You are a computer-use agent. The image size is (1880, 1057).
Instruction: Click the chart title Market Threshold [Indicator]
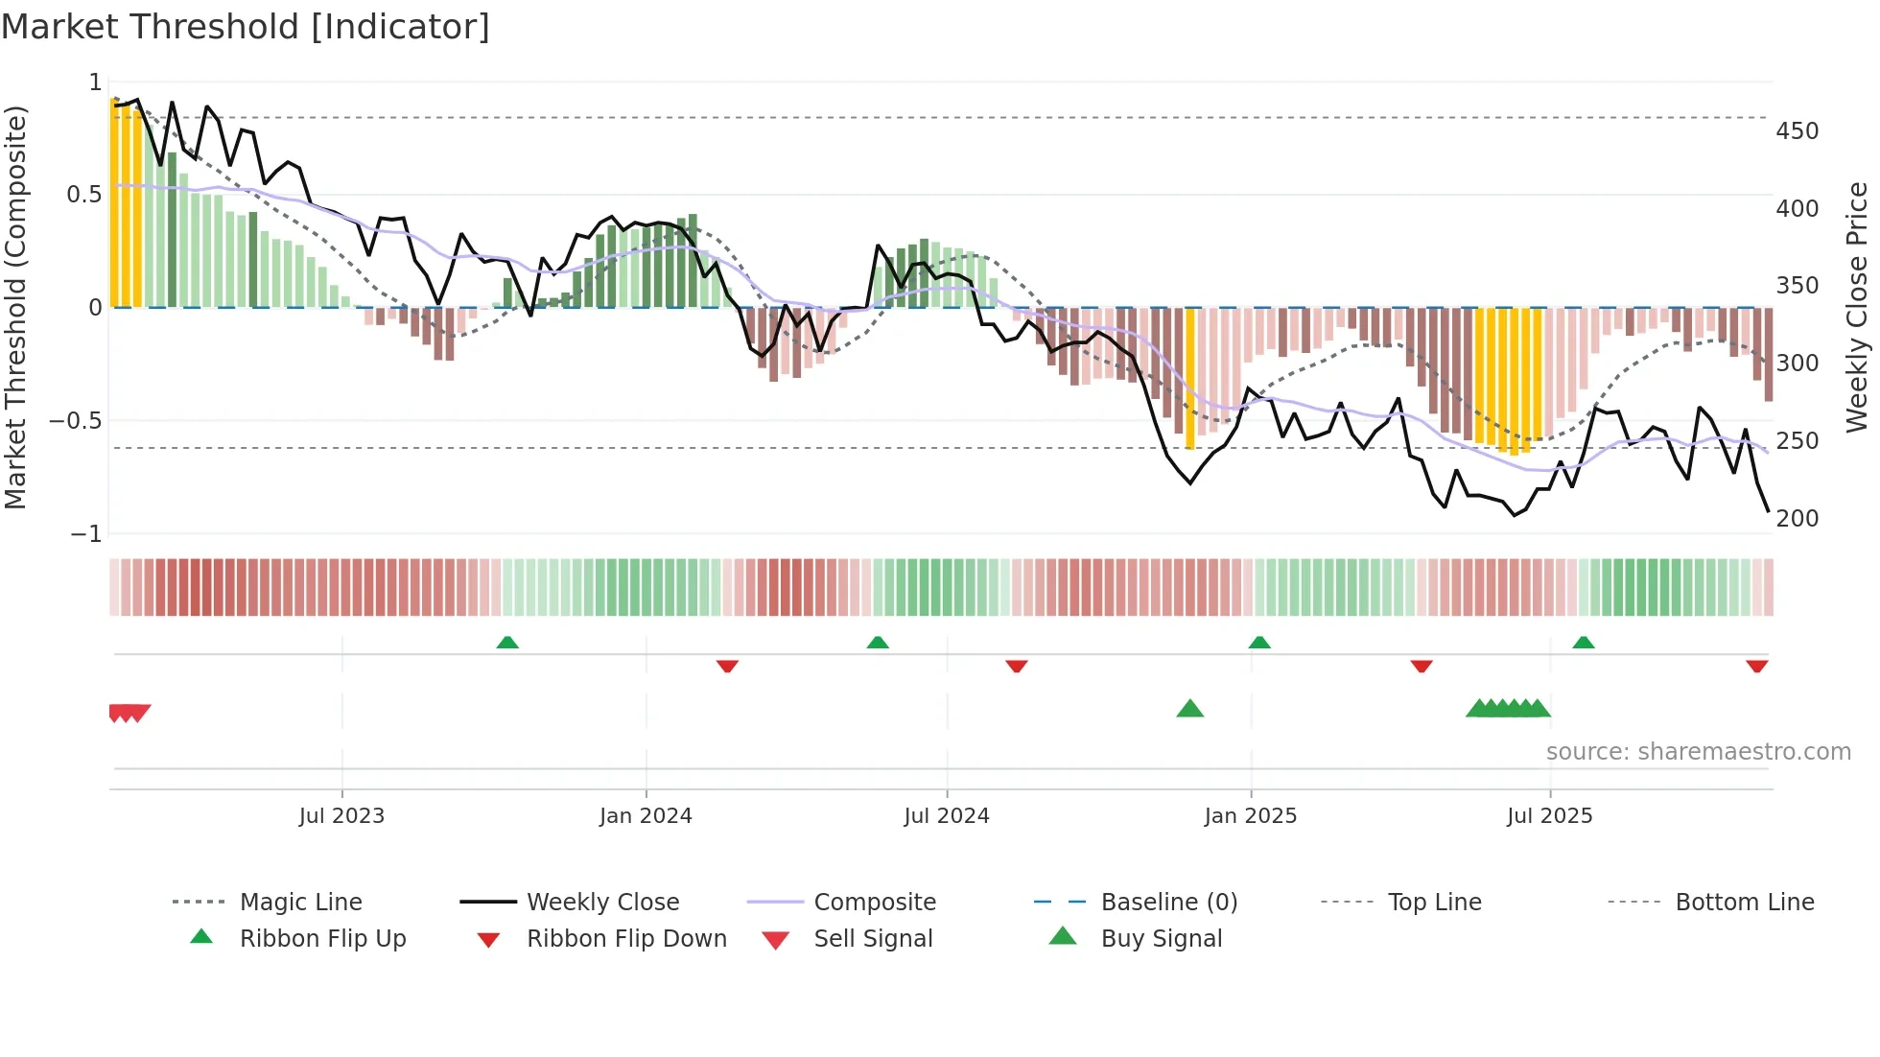(x=246, y=27)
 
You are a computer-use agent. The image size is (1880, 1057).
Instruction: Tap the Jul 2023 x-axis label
(x=341, y=816)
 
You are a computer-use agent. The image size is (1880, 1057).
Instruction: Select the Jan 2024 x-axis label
(x=646, y=816)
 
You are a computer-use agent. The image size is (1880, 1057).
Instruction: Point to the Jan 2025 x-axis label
(x=1250, y=816)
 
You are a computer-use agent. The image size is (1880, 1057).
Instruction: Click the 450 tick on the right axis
(x=1797, y=130)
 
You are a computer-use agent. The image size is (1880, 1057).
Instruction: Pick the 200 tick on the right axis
(x=1797, y=519)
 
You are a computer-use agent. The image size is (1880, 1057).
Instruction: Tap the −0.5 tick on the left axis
(x=76, y=421)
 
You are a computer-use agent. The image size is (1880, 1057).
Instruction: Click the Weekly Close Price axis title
(x=1857, y=307)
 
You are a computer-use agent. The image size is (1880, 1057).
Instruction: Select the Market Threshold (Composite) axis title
(x=15, y=307)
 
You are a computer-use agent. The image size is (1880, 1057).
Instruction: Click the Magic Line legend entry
(x=300, y=903)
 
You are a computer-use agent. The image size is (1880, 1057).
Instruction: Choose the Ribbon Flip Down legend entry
(x=626, y=939)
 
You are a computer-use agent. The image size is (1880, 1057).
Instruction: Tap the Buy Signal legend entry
(x=1161, y=939)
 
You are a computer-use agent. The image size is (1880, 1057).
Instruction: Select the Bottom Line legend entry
(x=1744, y=903)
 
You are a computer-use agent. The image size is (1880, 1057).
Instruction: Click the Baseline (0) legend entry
(x=1168, y=903)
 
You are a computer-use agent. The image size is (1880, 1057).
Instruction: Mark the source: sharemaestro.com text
(x=1698, y=752)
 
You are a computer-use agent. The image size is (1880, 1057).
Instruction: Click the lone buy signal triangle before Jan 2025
(x=1189, y=709)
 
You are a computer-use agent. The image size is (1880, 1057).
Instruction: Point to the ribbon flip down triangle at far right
(x=1756, y=666)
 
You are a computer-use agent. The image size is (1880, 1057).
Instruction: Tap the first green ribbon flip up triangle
(x=507, y=643)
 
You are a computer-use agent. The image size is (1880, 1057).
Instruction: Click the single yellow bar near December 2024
(x=1190, y=378)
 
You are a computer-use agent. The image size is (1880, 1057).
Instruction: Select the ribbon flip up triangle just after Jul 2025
(x=1584, y=643)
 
